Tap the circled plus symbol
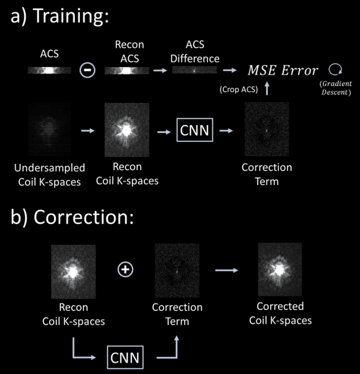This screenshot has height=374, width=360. (125, 270)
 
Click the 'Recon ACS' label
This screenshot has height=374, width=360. (129, 51)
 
